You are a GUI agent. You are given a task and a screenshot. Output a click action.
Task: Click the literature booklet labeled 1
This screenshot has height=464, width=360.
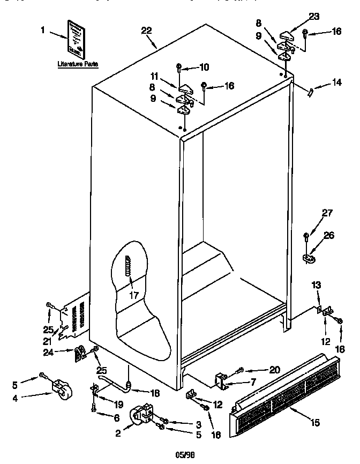point(76,39)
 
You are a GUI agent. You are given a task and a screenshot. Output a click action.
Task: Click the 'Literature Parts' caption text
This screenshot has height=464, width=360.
point(78,64)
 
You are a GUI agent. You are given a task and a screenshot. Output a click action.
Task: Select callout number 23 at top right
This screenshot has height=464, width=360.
point(314,17)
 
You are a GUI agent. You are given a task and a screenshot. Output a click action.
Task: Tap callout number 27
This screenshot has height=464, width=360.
point(326,213)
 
